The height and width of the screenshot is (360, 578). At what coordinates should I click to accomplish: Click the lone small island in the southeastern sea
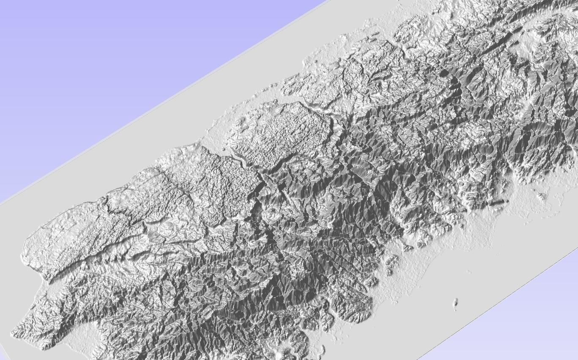pyautogui.click(x=456, y=302)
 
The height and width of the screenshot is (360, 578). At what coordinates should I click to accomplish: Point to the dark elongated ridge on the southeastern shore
pyautogui.click(x=498, y=202)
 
